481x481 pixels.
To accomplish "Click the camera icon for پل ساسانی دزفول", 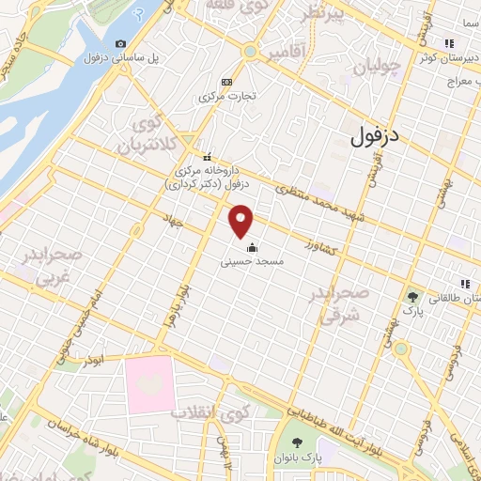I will [x=119, y=43].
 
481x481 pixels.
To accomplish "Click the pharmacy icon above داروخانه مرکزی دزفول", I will [x=208, y=157].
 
